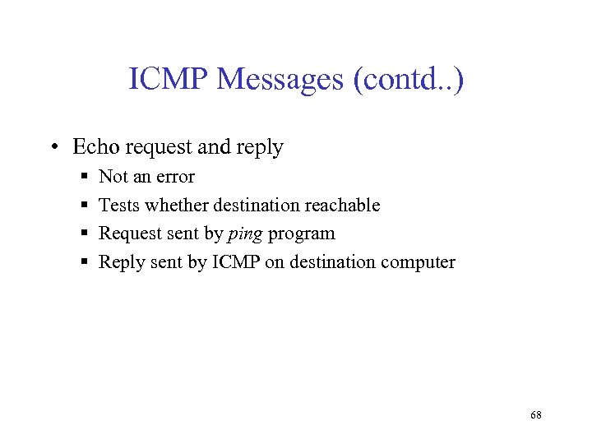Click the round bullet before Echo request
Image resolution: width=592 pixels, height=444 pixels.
pos(53,148)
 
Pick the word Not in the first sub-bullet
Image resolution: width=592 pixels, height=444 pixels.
pos(113,177)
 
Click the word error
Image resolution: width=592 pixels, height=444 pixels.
pos(173,177)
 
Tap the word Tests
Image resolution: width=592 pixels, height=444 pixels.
pos(118,205)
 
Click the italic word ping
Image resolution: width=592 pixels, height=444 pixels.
pos(244,234)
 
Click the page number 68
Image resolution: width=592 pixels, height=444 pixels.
pos(536,415)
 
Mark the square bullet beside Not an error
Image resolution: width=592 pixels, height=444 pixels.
pos(85,178)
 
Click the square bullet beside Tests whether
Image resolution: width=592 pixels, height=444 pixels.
pos(85,206)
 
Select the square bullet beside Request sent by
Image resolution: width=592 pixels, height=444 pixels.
pos(85,234)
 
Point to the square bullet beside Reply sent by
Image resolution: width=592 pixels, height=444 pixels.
pos(85,263)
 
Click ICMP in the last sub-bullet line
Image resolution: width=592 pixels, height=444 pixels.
pos(234,262)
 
